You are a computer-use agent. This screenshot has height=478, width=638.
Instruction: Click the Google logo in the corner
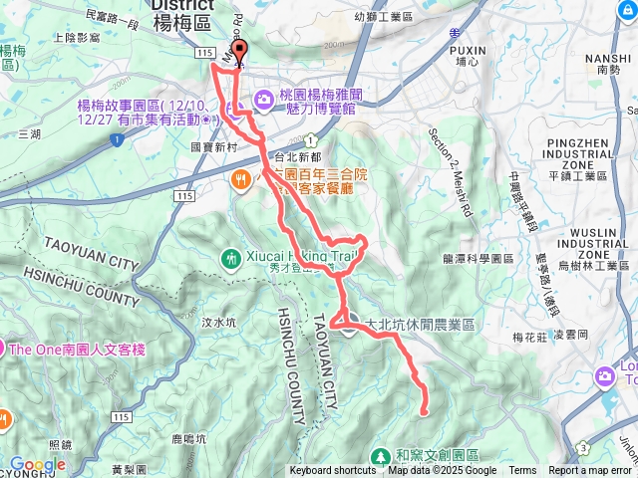tap(38, 464)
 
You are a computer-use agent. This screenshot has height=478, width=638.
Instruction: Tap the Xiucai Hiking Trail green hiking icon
tap(232, 258)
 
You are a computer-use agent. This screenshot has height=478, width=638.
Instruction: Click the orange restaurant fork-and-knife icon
tap(240, 181)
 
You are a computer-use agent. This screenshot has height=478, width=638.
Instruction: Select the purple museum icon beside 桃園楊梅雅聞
tap(263, 98)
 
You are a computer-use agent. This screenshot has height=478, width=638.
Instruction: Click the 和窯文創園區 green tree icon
tap(380, 456)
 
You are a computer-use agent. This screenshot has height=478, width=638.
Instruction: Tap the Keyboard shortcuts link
tap(333, 471)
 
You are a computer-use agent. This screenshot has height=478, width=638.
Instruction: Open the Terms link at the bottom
tap(522, 471)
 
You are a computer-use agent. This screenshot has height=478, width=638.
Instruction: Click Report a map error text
tap(591, 471)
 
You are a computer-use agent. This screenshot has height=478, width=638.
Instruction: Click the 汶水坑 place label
tap(218, 322)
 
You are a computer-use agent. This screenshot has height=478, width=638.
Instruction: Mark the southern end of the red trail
tap(424, 411)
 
